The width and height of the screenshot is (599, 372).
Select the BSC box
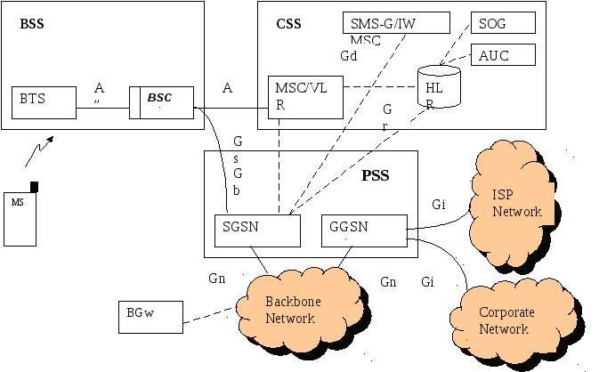tap(161, 101)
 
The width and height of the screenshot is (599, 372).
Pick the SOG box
tap(503, 23)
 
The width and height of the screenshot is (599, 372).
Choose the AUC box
tap(503, 54)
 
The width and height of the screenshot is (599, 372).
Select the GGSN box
tap(363, 230)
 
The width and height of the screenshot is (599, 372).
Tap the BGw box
tap(150, 313)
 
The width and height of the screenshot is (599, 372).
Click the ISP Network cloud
tap(517, 204)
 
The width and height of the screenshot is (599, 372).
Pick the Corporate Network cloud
tap(504, 320)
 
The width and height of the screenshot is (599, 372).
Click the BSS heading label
tap(32, 24)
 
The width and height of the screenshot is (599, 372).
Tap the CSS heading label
tap(288, 24)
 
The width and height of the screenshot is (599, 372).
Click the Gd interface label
tap(349, 55)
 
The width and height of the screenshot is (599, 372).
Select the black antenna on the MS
tap(35, 186)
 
